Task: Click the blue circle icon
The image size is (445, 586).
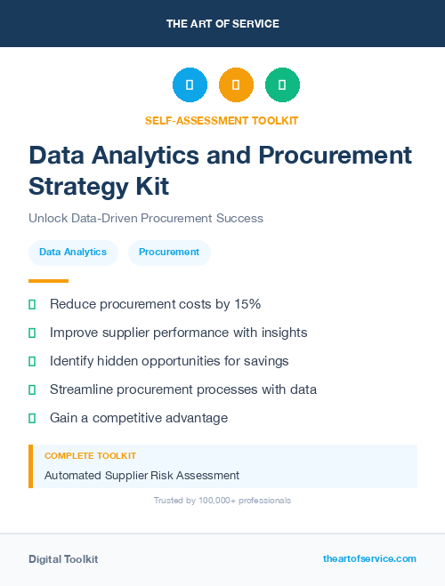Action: point(190,85)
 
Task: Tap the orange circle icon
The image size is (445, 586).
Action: point(236,85)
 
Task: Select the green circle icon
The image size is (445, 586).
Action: point(282,85)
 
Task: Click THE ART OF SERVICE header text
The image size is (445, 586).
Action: point(222,24)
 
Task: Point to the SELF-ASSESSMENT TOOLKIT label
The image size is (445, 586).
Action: point(222,120)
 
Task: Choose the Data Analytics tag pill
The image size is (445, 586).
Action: point(73,253)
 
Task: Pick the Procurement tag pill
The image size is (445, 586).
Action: point(169,253)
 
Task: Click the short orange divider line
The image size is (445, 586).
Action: point(48,281)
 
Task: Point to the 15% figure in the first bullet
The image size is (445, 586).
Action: point(246,304)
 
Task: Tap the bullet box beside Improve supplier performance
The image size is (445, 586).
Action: point(32,333)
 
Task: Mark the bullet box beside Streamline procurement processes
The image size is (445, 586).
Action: point(32,389)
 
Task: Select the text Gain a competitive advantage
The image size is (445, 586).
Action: point(139,418)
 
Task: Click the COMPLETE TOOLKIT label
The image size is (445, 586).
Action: point(90,455)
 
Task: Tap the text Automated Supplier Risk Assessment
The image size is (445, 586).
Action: point(142,475)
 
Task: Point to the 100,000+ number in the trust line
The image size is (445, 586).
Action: point(210,501)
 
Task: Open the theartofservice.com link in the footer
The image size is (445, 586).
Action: point(369,558)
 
